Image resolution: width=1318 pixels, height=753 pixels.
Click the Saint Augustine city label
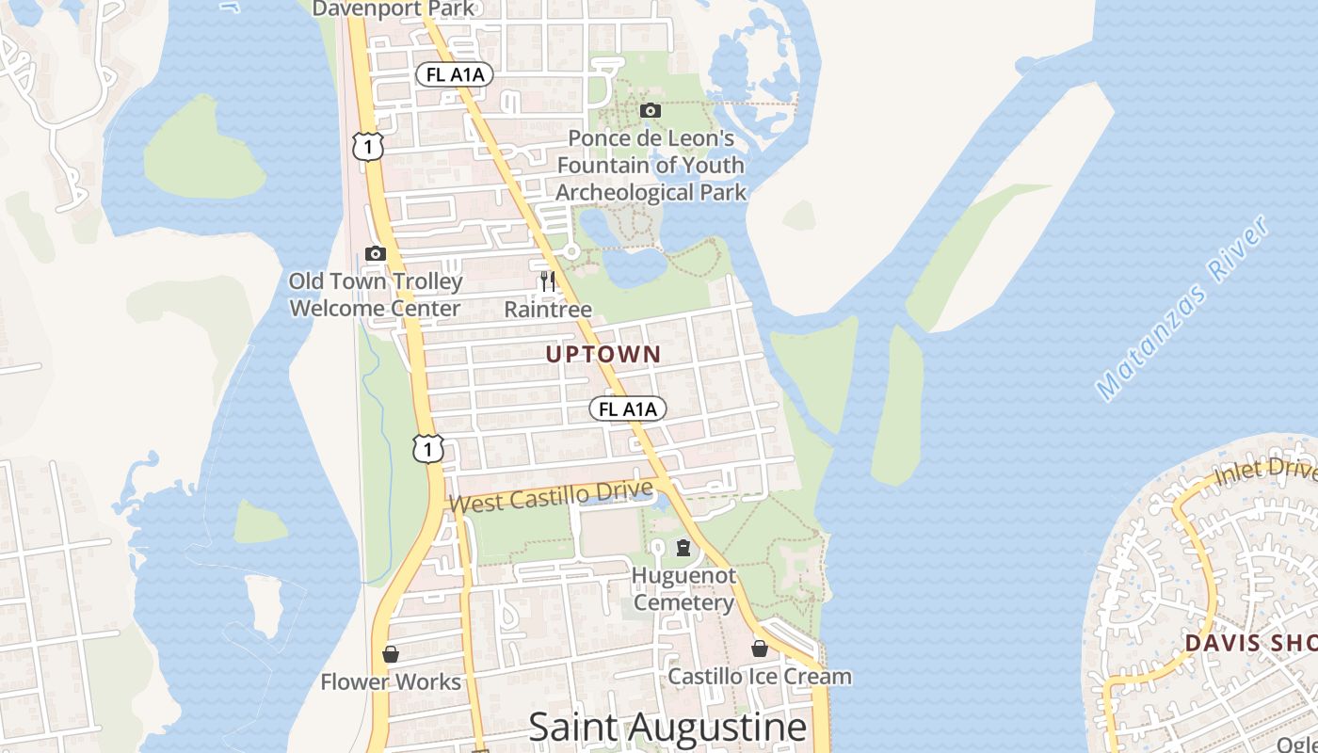click(667, 727)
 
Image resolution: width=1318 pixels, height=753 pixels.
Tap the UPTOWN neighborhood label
click(603, 355)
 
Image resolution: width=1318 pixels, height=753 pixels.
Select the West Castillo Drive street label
click(551, 496)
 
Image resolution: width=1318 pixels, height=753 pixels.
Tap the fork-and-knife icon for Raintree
click(548, 280)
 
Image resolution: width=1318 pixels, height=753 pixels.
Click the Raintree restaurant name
click(548, 309)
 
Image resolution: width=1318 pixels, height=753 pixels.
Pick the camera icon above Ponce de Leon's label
click(650, 111)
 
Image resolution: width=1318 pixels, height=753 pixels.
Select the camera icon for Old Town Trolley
click(375, 253)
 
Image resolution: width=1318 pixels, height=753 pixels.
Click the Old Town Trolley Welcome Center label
click(376, 295)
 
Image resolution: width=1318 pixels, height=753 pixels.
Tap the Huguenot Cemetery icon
click(683, 548)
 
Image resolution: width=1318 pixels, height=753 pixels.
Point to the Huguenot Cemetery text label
click(683, 588)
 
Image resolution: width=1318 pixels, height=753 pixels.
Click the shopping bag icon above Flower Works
click(391, 653)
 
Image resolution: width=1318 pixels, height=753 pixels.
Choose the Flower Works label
click(391, 681)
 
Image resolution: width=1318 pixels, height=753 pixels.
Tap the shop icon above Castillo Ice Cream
click(759, 649)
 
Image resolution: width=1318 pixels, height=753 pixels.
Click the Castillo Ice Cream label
click(759, 676)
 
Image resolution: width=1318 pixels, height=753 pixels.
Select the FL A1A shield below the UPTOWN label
click(628, 409)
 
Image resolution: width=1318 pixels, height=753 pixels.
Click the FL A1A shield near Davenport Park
click(455, 74)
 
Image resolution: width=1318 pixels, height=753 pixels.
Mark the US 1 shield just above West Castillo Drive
click(427, 449)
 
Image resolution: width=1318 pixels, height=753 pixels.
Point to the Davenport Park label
click(394, 8)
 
